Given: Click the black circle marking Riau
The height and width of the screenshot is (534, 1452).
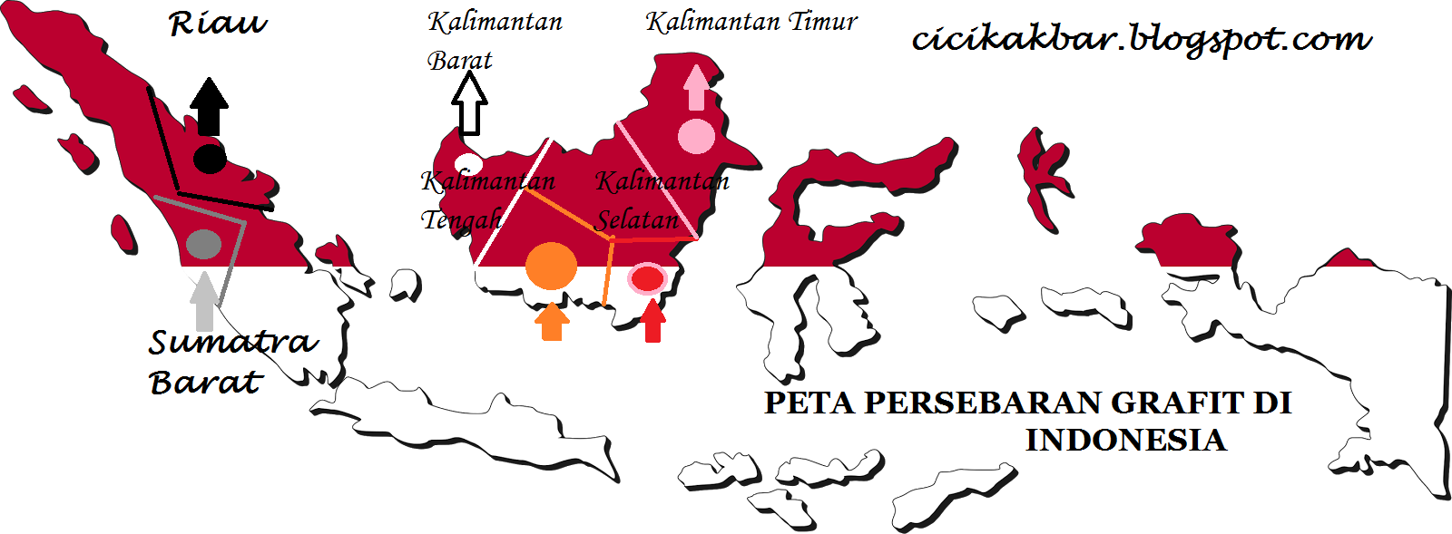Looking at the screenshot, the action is coord(210,158).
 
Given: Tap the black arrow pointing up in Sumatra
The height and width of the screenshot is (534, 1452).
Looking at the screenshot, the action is coord(209,106).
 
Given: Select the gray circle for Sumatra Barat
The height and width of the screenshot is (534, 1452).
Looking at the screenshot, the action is coord(203,244).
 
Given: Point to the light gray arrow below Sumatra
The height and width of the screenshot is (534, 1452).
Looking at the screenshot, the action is coord(205,302).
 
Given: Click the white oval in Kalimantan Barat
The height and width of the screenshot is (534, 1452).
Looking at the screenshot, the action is coord(468,164).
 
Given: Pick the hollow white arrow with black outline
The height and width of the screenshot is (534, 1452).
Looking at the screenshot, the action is coord(469,104).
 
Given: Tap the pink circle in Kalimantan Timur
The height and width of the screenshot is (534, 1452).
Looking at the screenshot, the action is coord(696,136).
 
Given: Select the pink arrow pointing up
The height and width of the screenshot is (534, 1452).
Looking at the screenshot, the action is coord(696,87).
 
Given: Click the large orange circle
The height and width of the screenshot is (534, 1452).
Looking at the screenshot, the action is coord(551,266).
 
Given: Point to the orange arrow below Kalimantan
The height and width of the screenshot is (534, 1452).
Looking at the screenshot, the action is coord(552,321).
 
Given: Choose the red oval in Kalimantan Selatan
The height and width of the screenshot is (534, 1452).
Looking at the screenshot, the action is coord(647,278).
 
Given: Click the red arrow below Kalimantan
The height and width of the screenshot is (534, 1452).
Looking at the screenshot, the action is coord(652,321).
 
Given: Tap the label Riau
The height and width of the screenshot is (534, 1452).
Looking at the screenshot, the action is coord(218,24).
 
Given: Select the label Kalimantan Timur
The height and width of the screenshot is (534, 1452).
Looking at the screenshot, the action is coord(751,22).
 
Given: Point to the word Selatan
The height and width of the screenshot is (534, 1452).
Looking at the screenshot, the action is coord(637,219).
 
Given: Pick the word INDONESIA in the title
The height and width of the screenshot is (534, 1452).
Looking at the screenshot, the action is coord(1125,441).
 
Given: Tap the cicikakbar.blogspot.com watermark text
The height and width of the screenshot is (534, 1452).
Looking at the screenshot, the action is coord(1141,39).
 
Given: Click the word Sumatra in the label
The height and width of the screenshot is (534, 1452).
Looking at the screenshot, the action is coord(233,342).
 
